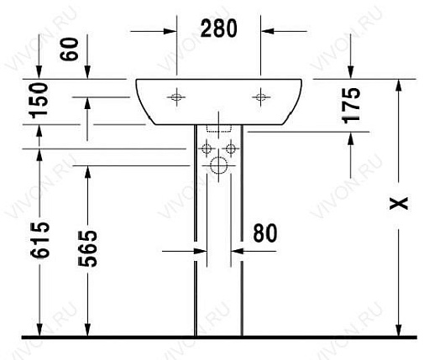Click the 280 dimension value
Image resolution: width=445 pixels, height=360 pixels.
(x=218, y=29)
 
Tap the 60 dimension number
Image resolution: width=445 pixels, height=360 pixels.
(x=69, y=49)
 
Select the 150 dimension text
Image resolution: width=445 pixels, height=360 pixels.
(x=39, y=101)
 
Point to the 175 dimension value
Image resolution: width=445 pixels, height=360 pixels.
(x=351, y=106)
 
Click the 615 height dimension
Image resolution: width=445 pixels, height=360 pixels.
(x=40, y=240)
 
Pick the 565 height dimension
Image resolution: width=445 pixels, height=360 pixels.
(x=87, y=248)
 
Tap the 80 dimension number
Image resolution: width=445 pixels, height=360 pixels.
(x=264, y=233)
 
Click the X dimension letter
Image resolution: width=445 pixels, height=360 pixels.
(x=399, y=203)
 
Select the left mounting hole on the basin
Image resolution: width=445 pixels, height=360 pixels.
(x=176, y=97)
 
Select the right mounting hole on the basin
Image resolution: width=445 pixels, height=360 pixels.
(x=261, y=97)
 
